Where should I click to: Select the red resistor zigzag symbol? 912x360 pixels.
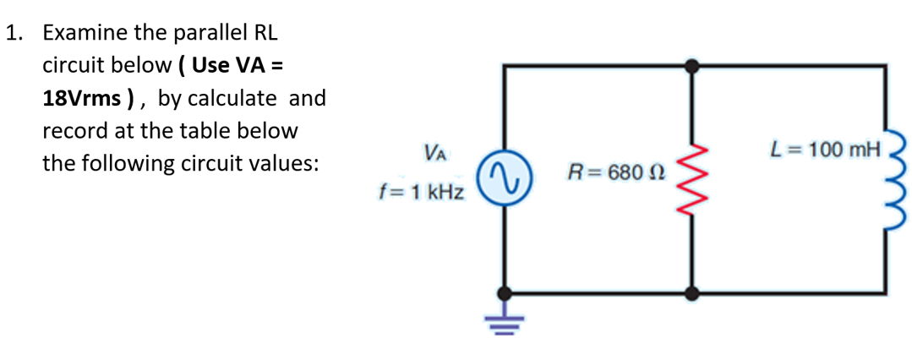(x=693, y=179)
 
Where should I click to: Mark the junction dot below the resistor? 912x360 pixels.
(x=693, y=293)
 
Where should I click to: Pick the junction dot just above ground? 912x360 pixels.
(x=505, y=293)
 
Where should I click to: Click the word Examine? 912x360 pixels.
(x=85, y=33)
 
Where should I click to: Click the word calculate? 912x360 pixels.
(x=231, y=98)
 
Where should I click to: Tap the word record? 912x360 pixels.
(x=70, y=131)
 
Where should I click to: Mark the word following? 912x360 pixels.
(x=145, y=163)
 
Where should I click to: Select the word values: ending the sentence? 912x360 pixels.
(x=287, y=163)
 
